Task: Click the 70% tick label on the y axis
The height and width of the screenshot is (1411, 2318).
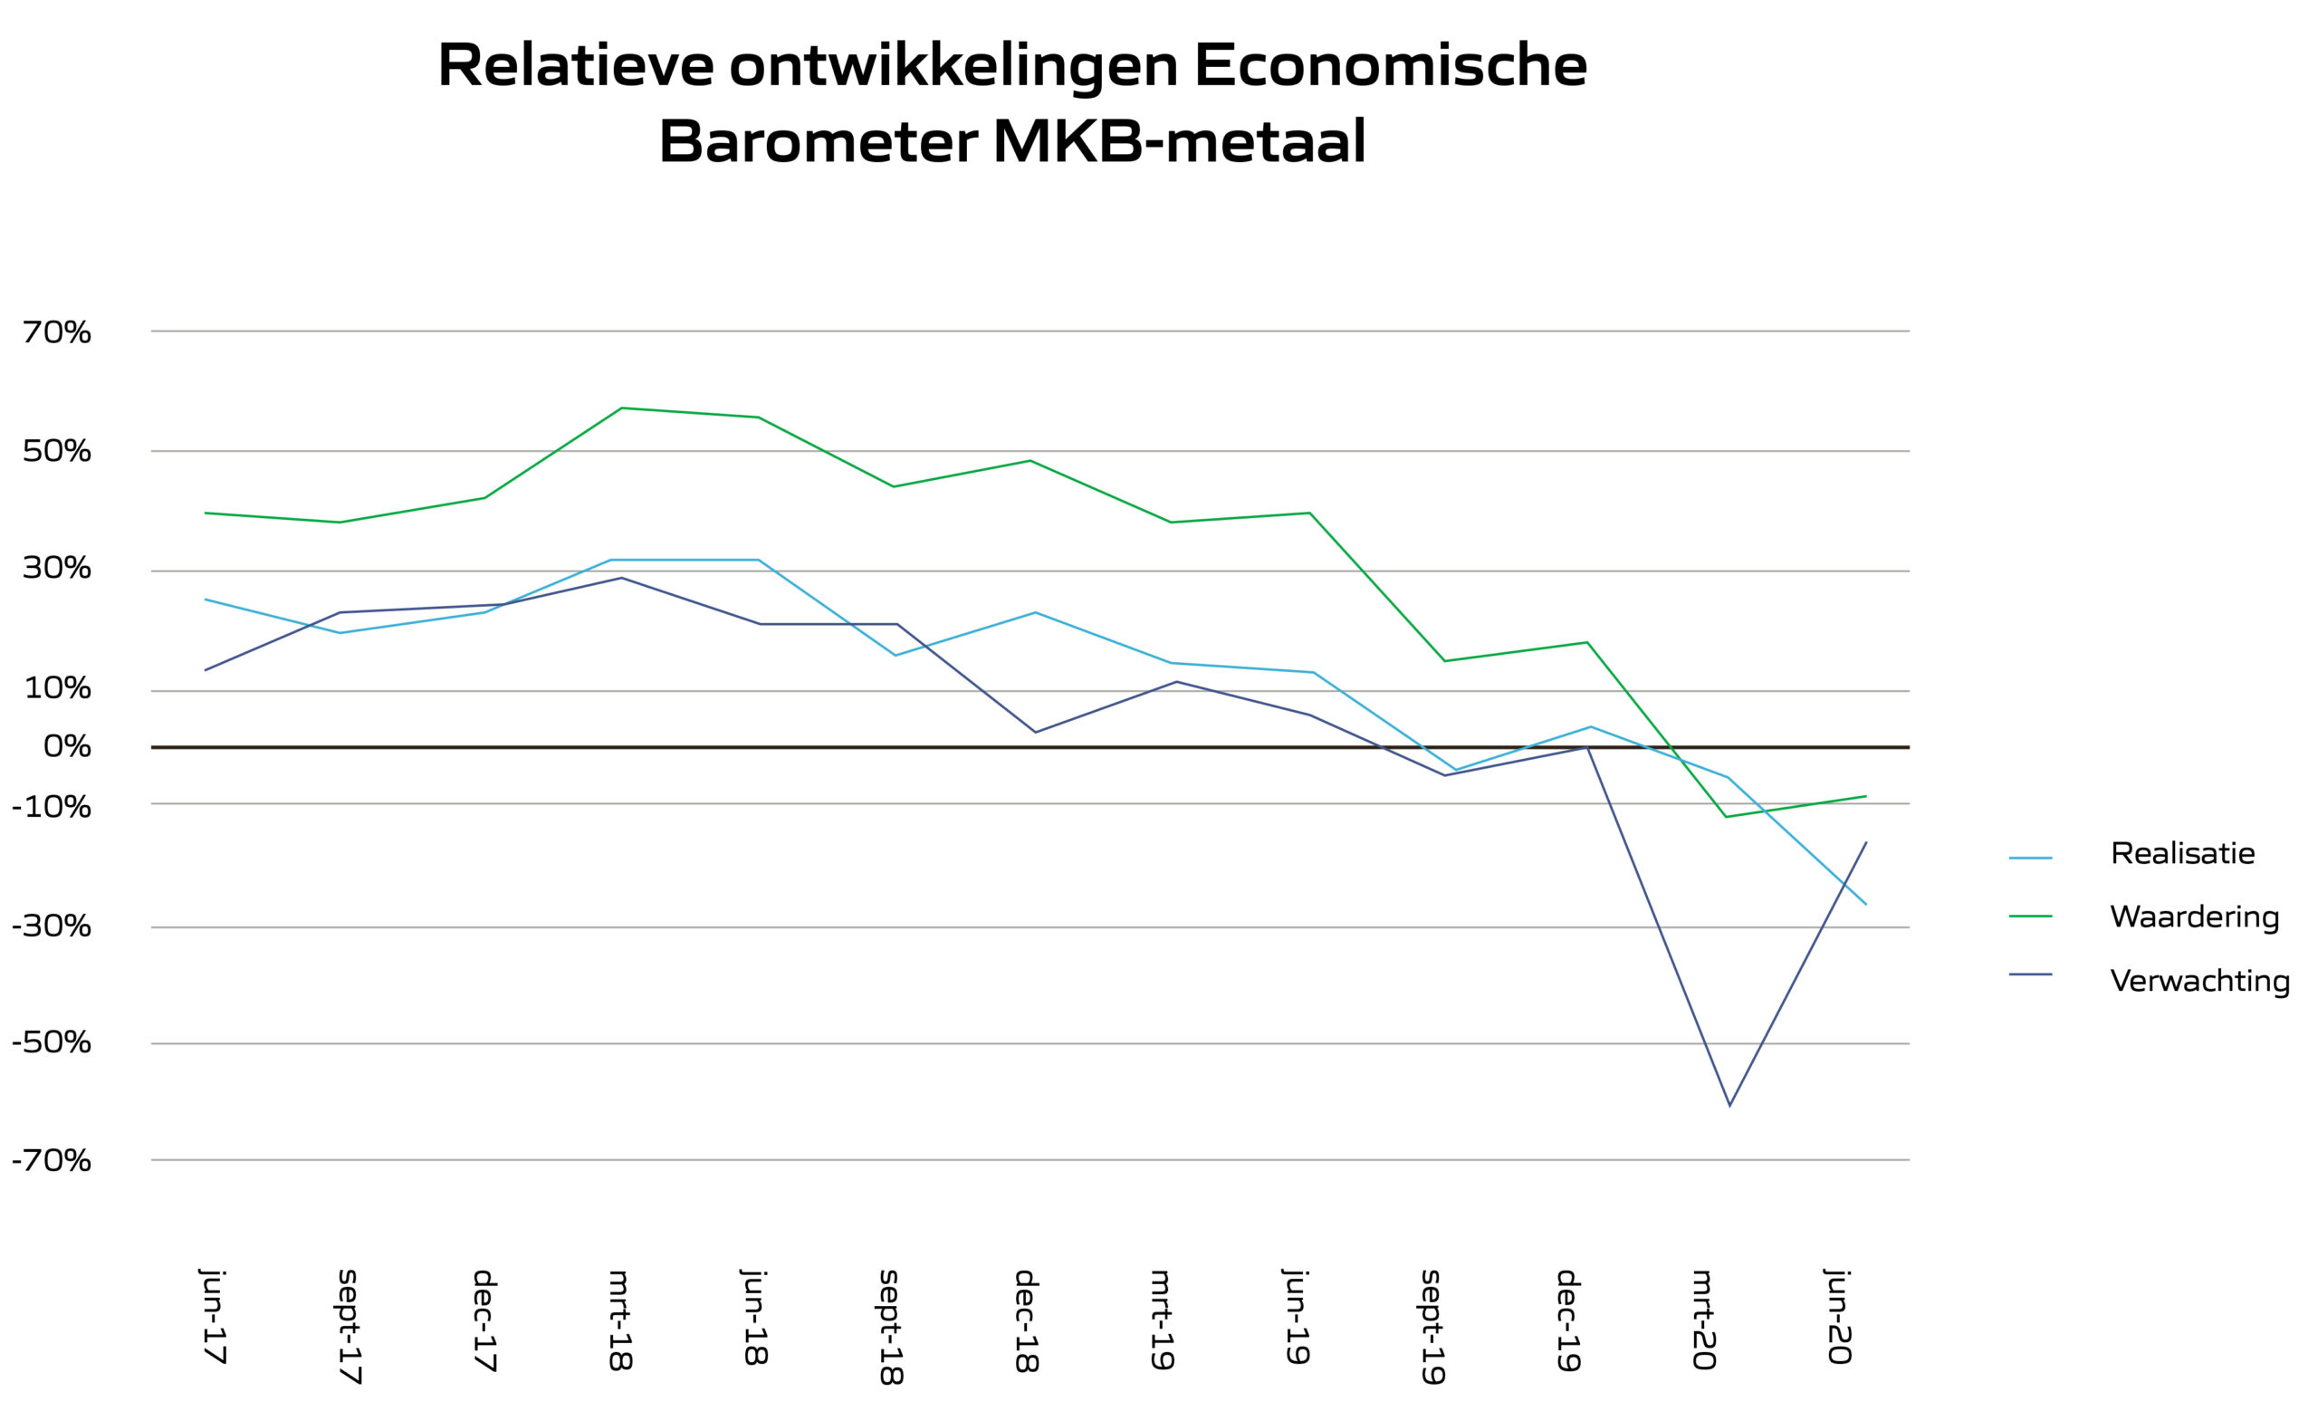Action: [56, 332]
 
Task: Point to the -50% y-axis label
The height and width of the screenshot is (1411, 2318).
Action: [52, 1042]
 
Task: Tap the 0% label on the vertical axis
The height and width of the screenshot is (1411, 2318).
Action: [67, 747]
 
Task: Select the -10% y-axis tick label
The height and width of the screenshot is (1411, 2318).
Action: [52, 807]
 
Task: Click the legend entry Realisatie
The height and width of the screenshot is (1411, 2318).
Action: [2181, 853]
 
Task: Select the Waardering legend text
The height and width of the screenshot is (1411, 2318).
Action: [2194, 917]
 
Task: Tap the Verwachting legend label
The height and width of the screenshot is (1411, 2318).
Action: [2199, 980]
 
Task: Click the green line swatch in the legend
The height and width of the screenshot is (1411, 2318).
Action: [2030, 917]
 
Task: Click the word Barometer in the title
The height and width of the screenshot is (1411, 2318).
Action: [818, 142]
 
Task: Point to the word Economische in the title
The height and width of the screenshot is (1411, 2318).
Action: [1390, 66]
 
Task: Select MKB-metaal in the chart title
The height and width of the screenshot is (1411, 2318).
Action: [1179, 142]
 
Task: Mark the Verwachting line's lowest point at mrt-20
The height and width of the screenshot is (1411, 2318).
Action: [1729, 1104]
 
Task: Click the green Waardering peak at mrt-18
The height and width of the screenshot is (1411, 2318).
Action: [622, 408]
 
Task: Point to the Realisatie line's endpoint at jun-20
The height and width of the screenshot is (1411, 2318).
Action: [1865, 904]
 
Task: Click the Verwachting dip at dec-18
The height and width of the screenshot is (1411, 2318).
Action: [1035, 732]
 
